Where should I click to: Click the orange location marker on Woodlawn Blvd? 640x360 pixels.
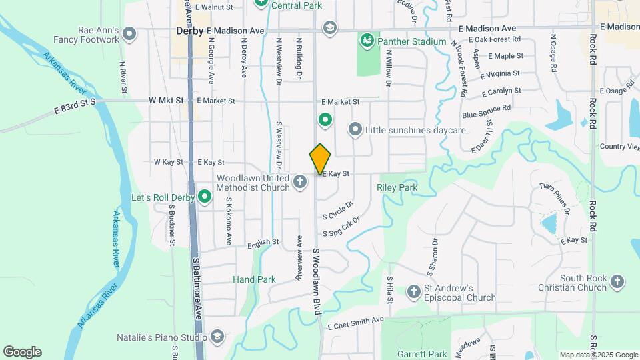321,159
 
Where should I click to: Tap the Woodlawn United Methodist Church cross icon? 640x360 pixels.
301,181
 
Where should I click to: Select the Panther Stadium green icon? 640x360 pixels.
366,41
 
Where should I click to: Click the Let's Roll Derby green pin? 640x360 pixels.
205,197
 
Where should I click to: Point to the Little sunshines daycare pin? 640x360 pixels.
355,129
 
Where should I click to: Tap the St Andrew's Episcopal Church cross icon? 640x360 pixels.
414,291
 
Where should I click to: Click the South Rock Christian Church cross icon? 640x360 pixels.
617,281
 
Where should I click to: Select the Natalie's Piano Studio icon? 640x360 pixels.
217,337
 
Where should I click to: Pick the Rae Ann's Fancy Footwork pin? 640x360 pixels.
129,33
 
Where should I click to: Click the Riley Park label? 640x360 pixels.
397,188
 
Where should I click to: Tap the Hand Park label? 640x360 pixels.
254,279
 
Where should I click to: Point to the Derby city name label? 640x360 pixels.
189,31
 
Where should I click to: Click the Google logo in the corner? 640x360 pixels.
22,351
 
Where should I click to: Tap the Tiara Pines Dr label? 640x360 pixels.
555,198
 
